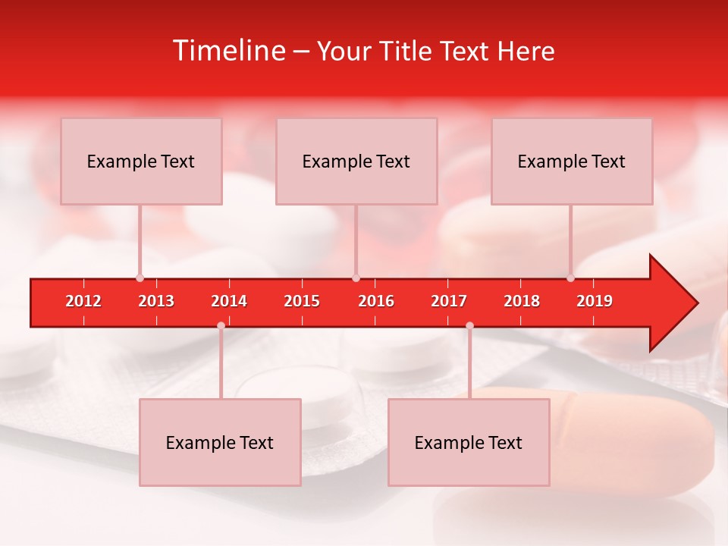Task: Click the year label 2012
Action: point(83,301)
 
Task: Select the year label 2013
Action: point(156,301)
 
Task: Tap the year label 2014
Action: point(229,301)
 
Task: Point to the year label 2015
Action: point(302,301)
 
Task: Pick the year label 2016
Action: point(376,301)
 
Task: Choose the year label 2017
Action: point(449,301)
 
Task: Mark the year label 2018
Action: point(522,301)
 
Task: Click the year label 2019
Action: point(595,301)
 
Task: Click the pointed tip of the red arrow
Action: point(696,303)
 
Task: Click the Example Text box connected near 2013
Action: point(141,162)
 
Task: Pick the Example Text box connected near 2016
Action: point(356,162)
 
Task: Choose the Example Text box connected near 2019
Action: point(572,162)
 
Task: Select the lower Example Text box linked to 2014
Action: point(220,443)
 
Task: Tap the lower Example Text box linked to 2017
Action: point(469,443)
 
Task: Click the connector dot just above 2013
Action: point(140,278)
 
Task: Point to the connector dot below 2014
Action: point(221,325)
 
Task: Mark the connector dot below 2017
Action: point(469,325)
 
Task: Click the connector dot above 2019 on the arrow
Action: point(570,278)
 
